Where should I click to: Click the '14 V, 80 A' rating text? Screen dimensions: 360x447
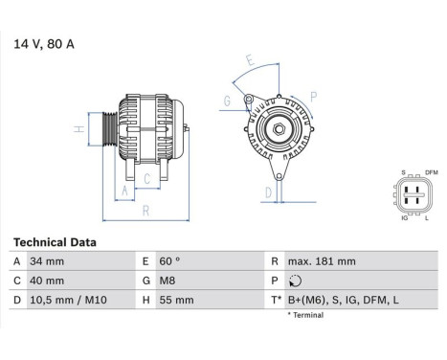pos(43,44)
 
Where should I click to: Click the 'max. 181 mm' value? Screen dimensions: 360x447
pos(323,261)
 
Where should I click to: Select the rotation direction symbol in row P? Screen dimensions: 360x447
pos(294,281)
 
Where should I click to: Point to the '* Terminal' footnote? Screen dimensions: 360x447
pos(308,314)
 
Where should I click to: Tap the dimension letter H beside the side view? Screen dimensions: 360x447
pos(78,129)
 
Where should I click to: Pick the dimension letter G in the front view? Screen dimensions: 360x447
pos(227,101)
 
